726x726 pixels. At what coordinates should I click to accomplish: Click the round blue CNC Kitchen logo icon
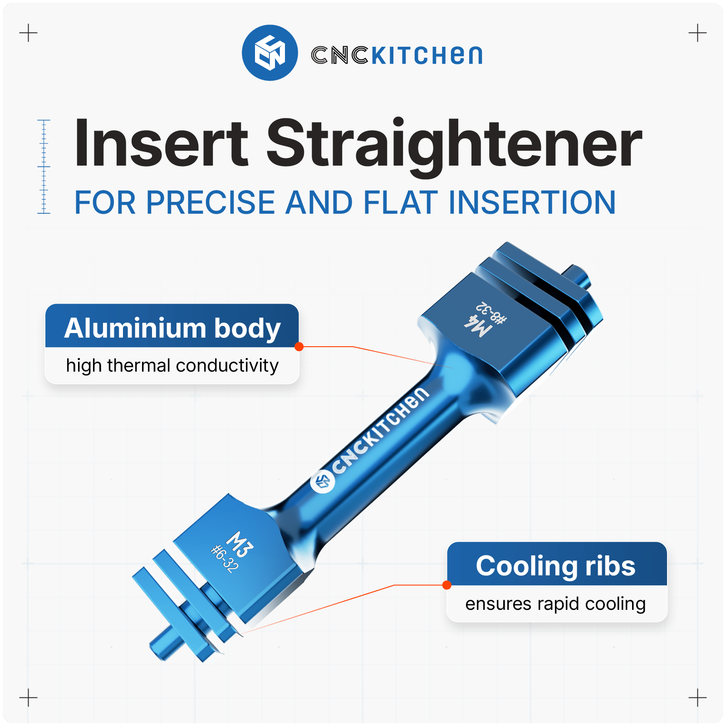tap(270, 53)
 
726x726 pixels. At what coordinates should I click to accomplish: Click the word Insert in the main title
tap(161, 143)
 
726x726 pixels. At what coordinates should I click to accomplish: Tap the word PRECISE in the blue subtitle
tap(211, 202)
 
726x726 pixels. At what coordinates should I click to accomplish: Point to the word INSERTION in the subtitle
tap(532, 202)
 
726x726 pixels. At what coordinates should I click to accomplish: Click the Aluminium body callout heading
tap(172, 328)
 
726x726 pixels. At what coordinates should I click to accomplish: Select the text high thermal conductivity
tap(172, 366)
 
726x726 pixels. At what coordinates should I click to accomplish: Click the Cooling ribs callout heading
tap(556, 566)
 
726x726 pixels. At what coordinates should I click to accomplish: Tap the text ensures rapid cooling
tap(555, 604)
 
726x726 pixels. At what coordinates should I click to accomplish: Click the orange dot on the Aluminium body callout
tap(299, 347)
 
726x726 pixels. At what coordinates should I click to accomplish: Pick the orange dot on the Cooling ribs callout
tap(447, 585)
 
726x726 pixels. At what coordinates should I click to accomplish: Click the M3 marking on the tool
tap(240, 544)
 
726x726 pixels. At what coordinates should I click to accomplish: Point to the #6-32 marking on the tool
tap(224, 559)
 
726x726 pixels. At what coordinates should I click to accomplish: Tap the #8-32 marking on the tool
tap(491, 313)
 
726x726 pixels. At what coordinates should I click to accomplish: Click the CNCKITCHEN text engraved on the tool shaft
tap(380, 431)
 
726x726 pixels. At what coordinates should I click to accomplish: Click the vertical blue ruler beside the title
tap(44, 167)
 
